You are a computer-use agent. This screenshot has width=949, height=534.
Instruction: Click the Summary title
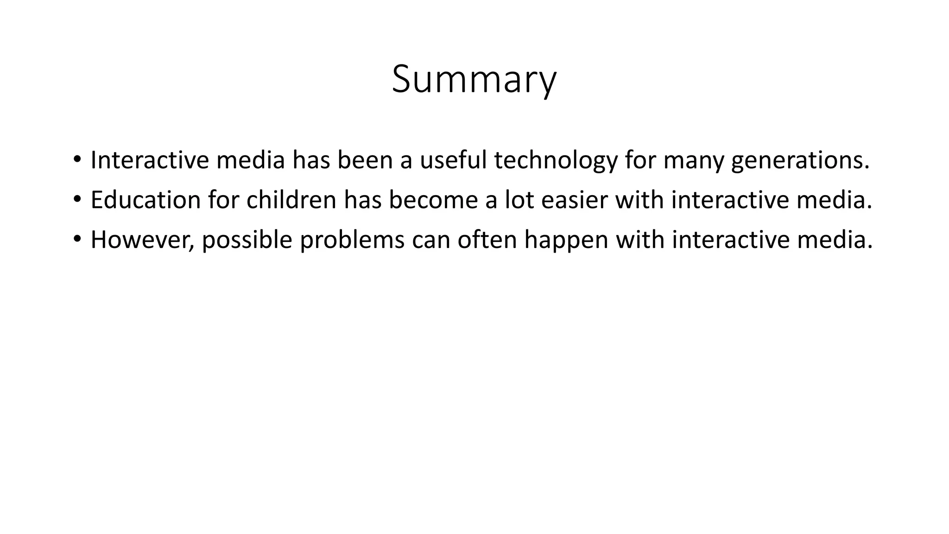pyautogui.click(x=474, y=80)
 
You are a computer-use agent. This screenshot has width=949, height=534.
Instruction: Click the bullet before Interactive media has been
pyautogui.click(x=77, y=159)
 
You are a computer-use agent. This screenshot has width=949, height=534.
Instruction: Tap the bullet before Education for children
pyautogui.click(x=77, y=200)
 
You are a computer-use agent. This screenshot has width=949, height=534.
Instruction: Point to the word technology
pyautogui.click(x=556, y=161)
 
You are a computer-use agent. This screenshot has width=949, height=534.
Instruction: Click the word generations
pyautogui.click(x=800, y=161)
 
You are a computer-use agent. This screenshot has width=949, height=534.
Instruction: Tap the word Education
pyautogui.click(x=146, y=200)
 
